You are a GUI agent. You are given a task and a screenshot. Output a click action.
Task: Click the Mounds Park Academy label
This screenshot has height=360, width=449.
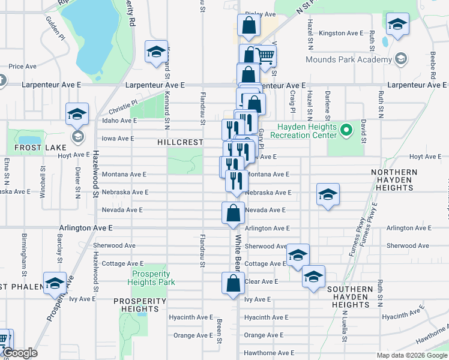pyautogui.click(x=348, y=59)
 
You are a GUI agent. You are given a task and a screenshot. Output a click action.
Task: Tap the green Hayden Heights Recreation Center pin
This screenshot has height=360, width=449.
pyautogui.click(x=346, y=130)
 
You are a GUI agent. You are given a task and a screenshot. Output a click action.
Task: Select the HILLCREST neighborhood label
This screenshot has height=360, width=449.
pyautogui.click(x=179, y=143)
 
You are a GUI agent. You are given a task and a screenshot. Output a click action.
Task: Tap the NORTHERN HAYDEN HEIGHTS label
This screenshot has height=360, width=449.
pyautogui.click(x=394, y=180)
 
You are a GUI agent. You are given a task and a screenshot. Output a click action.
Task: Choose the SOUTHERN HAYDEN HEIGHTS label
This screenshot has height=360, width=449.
pyautogui.click(x=351, y=297)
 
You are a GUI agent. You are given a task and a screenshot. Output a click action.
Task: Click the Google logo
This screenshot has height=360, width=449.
pyautogui.click(x=20, y=353)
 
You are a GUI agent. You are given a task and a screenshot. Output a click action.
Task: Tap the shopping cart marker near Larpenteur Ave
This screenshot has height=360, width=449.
pyautogui.click(x=265, y=56)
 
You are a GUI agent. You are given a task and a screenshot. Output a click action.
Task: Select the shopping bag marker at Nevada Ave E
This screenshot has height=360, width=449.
pyautogui.click(x=233, y=212)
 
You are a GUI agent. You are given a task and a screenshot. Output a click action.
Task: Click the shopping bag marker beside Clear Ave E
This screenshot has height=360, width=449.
pyautogui.click(x=233, y=283)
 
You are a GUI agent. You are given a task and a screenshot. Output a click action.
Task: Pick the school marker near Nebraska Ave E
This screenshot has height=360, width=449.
pyautogui.click(x=328, y=194)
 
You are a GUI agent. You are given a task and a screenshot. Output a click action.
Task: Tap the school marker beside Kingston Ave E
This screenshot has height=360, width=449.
pyautogui.click(x=396, y=25)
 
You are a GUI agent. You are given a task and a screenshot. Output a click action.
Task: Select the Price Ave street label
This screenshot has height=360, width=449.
pyautogui.click(x=23, y=67)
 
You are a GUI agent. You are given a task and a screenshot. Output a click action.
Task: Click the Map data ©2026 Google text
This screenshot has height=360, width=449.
pyautogui.click(x=411, y=355)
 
